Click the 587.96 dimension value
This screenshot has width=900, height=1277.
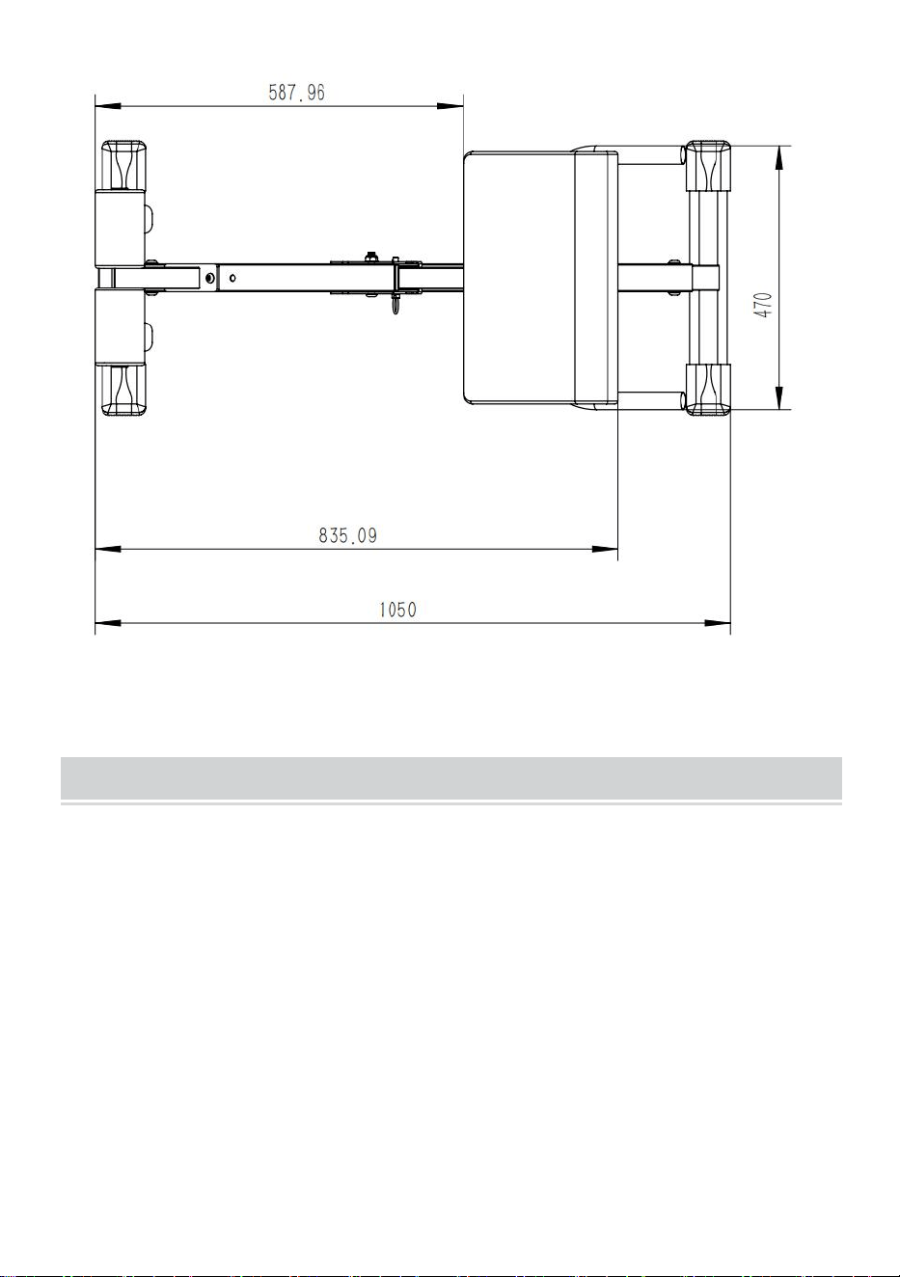point(296,93)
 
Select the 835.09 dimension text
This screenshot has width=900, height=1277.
point(347,535)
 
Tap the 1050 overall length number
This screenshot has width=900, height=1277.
point(397,610)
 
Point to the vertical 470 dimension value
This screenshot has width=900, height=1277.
point(764,305)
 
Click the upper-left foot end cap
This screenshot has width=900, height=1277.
point(123,165)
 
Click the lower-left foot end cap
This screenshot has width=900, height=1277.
point(123,390)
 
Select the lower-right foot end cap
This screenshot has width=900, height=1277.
point(708,390)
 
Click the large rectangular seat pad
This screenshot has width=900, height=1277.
point(541,278)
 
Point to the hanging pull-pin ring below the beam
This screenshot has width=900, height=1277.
point(396,305)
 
